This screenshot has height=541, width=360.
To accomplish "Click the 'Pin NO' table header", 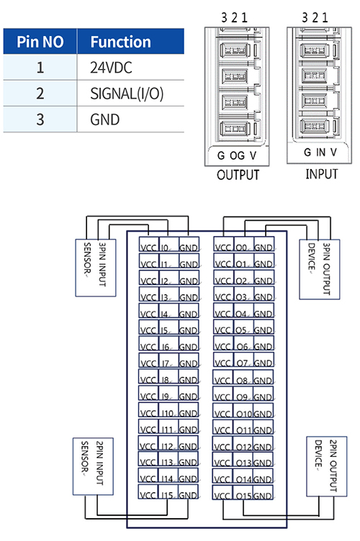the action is pos(40,42).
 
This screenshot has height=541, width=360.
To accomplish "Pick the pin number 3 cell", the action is pos(40,119).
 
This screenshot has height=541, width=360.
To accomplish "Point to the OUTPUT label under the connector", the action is pos(238,175).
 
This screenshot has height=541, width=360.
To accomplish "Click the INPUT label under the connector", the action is pos(322,174).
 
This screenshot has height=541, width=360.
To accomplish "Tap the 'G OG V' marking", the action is pos(237,155).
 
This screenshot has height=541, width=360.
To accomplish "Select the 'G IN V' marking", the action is pos(320,153).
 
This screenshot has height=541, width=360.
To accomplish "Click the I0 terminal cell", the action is pos(168,245).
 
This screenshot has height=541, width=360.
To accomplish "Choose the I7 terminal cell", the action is pos(168,360).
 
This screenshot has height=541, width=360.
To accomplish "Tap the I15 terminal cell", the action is pos(168,492).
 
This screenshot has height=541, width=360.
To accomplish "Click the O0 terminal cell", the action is pos(243,245).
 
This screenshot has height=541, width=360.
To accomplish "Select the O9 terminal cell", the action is pos(243,394).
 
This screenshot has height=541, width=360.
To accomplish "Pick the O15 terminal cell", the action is pos(243,493).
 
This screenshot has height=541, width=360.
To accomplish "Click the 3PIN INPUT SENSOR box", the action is pos(96,268).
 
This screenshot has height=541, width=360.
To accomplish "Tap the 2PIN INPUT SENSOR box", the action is pos(93,466).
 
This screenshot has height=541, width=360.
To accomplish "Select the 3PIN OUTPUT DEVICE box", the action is pos(319,270).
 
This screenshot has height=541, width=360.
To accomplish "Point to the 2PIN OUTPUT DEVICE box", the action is pos(326,466).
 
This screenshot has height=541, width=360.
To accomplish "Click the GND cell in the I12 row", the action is pos(189,443).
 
